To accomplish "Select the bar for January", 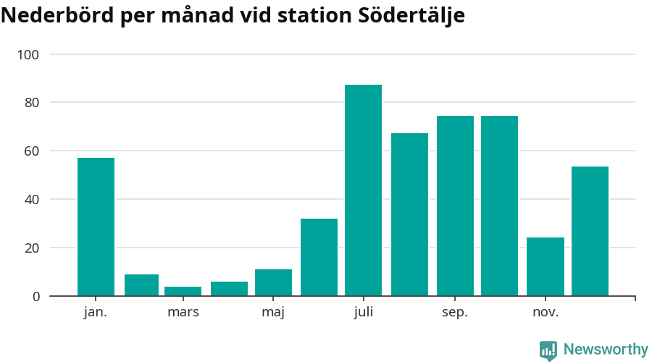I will pyautogui.click(x=96, y=227).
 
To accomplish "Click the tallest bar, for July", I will pyautogui.click(x=363, y=190).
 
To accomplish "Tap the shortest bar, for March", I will pyautogui.click(x=183, y=291).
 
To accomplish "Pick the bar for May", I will pyautogui.click(x=273, y=282).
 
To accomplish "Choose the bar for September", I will pyautogui.click(x=455, y=206).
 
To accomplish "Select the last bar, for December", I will pyautogui.click(x=590, y=231).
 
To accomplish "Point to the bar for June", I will pyautogui.click(x=319, y=257).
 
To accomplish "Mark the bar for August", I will pyautogui.click(x=409, y=214).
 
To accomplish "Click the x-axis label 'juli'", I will pyautogui.click(x=363, y=313).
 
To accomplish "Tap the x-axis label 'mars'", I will pyautogui.click(x=183, y=313).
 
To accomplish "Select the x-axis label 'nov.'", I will pyautogui.click(x=545, y=313).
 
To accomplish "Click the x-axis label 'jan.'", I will pyautogui.click(x=96, y=313).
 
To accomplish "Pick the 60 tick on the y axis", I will pyautogui.click(x=32, y=151).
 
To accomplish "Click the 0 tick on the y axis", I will pyautogui.click(x=35, y=296).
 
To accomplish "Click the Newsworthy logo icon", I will pyautogui.click(x=548, y=350).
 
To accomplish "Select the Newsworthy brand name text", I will pyautogui.click(x=606, y=350).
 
